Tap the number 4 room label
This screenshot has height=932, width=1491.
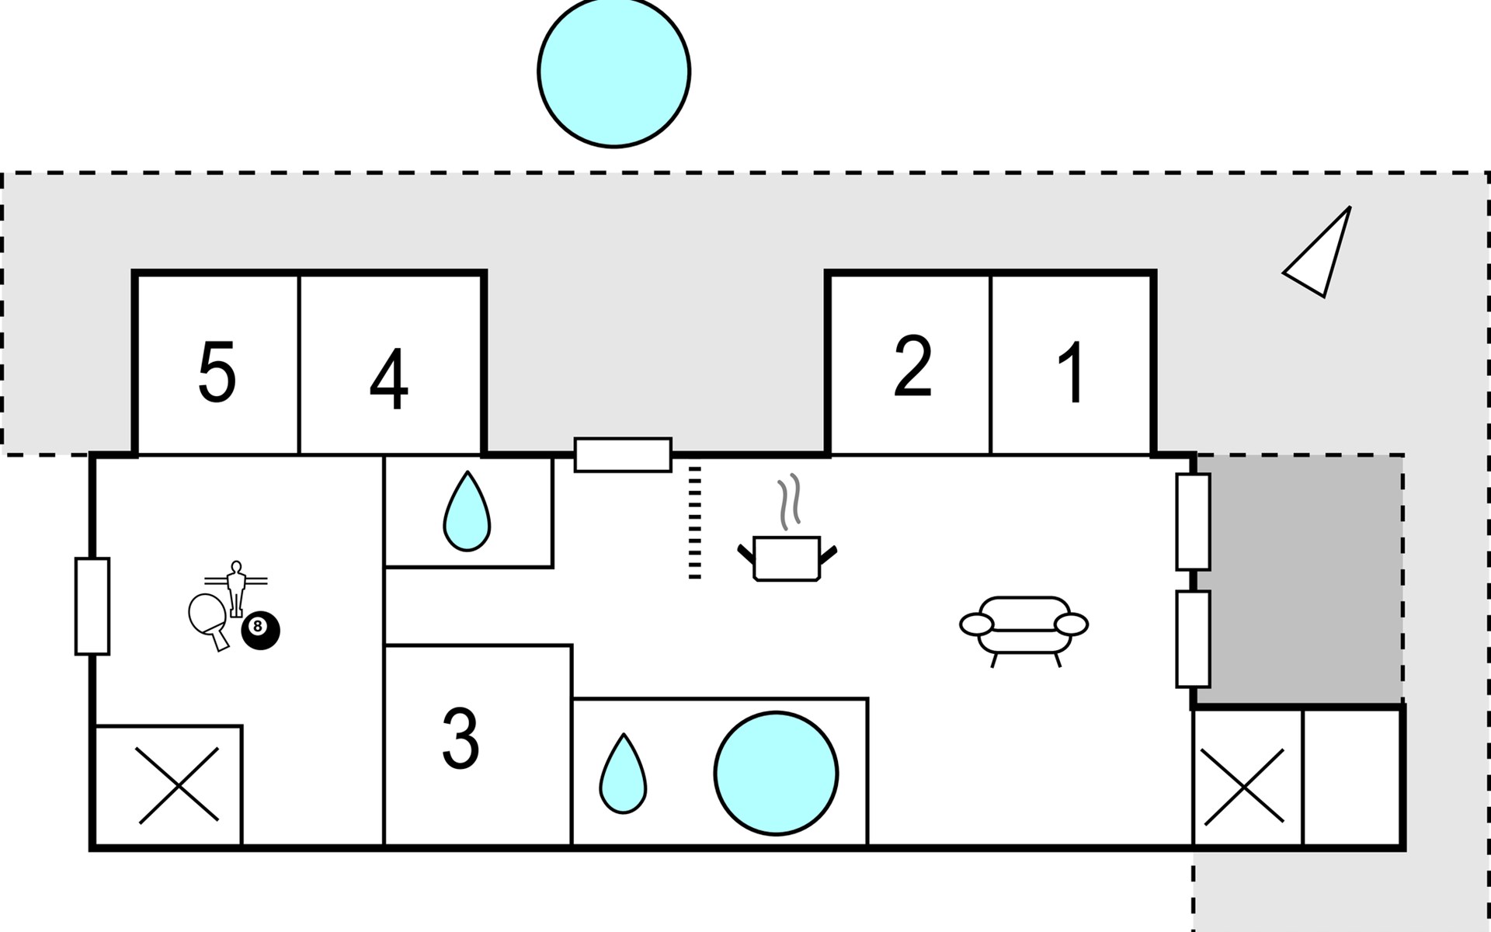pyautogui.click(x=389, y=379)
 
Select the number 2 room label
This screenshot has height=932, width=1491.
pyautogui.click(x=912, y=367)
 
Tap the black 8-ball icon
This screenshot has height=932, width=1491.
pyautogui.click(x=260, y=631)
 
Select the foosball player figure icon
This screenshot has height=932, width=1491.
pyautogui.click(x=236, y=587)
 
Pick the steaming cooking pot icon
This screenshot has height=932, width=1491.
pyautogui.click(x=787, y=544)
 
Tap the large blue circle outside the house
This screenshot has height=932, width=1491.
pyautogui.click(x=613, y=71)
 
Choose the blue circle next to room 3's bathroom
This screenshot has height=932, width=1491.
pyautogui.click(x=776, y=773)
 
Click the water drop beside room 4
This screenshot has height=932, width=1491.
pyautogui.click(x=467, y=513)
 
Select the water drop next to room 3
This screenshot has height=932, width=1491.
pyautogui.click(x=623, y=774)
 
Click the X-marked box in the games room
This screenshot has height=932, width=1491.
pyautogui.click(x=178, y=785)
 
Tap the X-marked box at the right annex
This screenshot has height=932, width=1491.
pyautogui.click(x=1242, y=787)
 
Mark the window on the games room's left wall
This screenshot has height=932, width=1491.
pyautogui.click(x=92, y=606)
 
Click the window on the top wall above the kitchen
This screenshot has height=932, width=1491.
pyautogui.click(x=623, y=454)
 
